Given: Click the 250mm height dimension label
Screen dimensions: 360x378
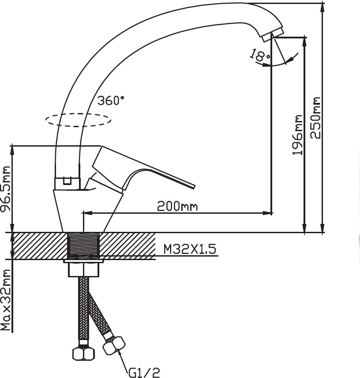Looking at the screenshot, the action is click(315, 117).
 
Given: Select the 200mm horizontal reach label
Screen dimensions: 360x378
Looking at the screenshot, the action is click(177, 206).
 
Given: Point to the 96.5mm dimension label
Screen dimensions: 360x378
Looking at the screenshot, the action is click(6, 188).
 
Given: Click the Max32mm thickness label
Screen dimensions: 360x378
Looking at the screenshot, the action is click(6, 300).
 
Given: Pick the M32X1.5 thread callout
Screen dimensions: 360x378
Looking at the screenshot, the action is click(190, 249).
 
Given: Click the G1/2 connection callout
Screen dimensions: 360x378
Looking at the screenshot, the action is click(144, 373).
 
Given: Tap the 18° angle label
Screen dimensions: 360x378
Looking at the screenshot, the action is click(259, 55).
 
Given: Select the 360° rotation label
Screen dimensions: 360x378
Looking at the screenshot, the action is click(111, 100).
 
